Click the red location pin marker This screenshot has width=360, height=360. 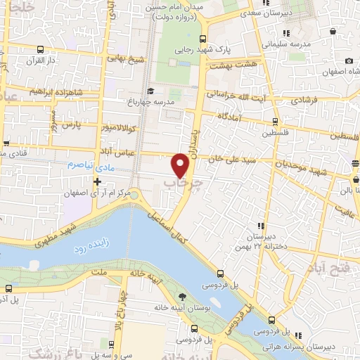181,165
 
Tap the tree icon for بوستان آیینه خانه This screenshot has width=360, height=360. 183,297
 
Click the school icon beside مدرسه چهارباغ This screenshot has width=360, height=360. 150,91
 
